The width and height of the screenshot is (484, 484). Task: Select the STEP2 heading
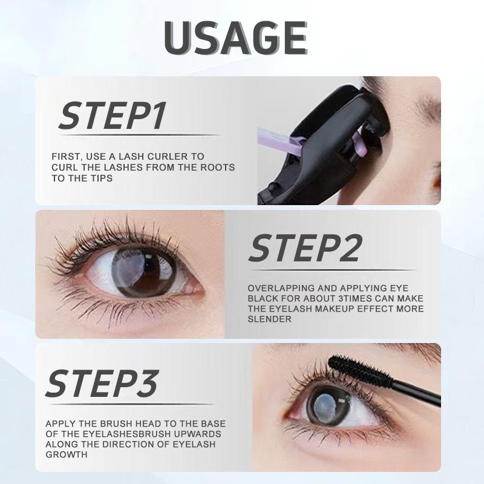point(305,249)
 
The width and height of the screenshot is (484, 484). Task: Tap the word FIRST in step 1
point(65,157)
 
